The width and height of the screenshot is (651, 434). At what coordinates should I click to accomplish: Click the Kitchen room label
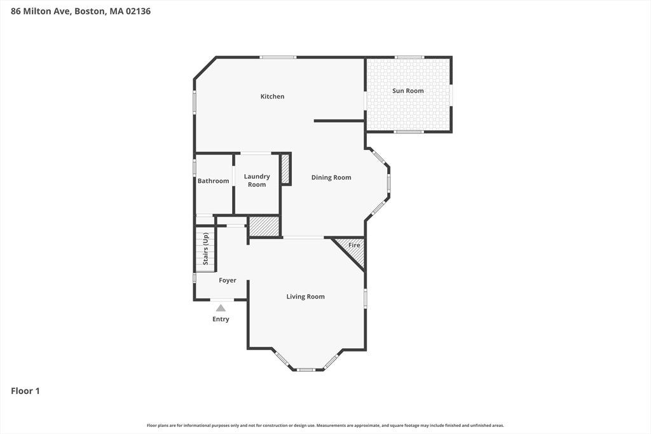tap(272, 96)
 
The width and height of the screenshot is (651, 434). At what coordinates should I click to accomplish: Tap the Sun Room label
tap(408, 90)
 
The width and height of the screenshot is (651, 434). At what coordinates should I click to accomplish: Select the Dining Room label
tap(331, 177)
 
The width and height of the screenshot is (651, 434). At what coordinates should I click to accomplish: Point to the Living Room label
tap(306, 297)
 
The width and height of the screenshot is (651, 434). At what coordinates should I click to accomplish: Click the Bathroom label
tap(214, 181)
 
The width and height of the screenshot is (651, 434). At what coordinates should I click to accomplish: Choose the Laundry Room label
tap(257, 180)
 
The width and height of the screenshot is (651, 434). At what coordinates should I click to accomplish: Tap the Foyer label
tap(228, 280)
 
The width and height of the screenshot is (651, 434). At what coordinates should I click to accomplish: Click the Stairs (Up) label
tap(205, 248)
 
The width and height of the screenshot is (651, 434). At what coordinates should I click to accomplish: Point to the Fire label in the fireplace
tap(354, 245)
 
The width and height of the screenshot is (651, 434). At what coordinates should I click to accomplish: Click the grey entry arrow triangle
tap(221, 308)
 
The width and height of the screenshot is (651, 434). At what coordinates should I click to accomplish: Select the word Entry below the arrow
tap(221, 319)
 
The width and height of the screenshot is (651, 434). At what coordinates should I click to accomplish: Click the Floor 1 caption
tap(25, 391)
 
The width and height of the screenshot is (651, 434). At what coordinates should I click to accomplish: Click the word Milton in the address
tap(36, 11)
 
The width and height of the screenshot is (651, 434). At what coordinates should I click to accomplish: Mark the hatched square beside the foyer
tap(264, 227)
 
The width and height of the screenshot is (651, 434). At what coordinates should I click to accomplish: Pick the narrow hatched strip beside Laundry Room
tap(285, 168)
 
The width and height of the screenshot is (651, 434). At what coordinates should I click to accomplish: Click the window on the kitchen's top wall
tap(278, 57)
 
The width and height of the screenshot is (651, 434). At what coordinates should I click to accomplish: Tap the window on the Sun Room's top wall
tap(409, 57)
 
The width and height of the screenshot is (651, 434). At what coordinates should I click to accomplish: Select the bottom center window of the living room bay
tap(306, 369)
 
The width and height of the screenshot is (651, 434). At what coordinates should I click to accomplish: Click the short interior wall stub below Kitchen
tap(339, 121)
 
